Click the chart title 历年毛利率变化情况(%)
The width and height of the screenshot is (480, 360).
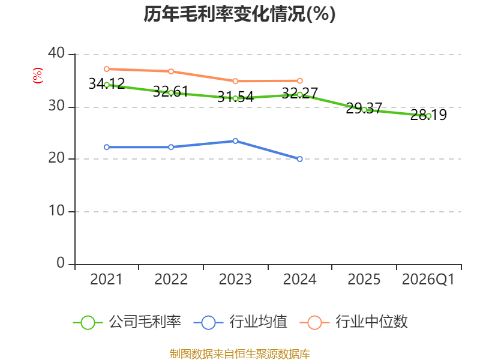239,14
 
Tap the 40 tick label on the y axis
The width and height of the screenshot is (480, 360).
56,53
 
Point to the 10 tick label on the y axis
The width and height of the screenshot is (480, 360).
56,211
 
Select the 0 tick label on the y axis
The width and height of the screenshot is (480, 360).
61,263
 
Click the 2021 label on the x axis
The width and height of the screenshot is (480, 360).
106,280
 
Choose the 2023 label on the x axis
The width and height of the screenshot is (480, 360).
235,280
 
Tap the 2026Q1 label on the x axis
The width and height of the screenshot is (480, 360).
428,280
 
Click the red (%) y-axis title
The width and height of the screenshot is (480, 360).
38,76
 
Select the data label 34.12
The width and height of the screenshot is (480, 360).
107,83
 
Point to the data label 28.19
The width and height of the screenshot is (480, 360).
428,115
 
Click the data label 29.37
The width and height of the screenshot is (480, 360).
364,108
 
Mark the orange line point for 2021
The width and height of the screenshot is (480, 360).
107,69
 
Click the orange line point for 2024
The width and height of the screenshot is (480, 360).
299,81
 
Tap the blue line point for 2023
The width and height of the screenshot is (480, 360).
235,141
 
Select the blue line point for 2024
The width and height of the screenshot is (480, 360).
299,159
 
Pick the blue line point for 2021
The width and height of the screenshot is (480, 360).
107,147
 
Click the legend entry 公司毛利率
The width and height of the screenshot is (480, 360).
127,322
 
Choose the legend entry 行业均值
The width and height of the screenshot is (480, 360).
241,322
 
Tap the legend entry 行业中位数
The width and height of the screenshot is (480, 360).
353,322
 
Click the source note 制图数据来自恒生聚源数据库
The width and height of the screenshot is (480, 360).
240,354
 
